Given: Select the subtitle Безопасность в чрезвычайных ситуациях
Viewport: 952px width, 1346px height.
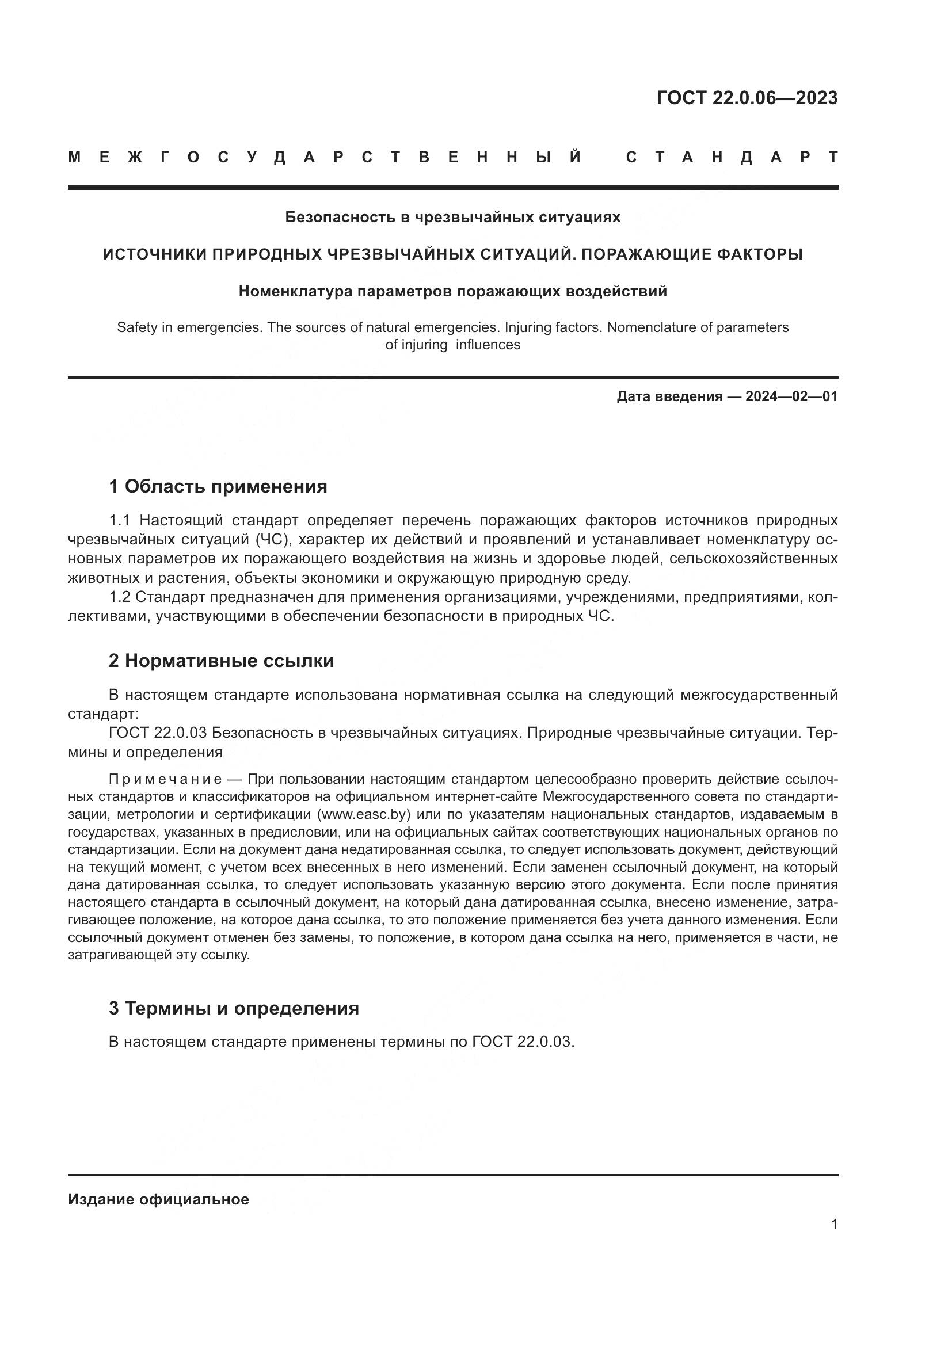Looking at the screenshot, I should (x=452, y=217).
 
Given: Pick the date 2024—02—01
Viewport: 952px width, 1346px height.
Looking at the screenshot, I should (x=791, y=396).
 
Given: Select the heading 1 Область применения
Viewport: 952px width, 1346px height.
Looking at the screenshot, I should (x=218, y=486).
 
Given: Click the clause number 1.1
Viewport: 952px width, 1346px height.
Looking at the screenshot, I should (x=121, y=521).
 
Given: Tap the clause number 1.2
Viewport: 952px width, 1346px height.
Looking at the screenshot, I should (x=121, y=597).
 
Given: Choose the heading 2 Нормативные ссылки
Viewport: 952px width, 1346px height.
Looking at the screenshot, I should (x=221, y=661).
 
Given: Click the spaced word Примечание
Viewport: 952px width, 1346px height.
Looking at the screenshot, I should (x=166, y=779).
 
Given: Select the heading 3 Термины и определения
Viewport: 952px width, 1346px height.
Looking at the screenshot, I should (x=233, y=1008).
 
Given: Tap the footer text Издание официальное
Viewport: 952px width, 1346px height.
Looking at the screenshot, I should (x=158, y=1199).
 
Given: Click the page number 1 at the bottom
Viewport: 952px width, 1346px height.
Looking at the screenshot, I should (x=834, y=1224).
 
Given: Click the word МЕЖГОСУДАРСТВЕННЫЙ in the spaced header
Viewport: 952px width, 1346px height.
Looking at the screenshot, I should (x=325, y=158).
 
